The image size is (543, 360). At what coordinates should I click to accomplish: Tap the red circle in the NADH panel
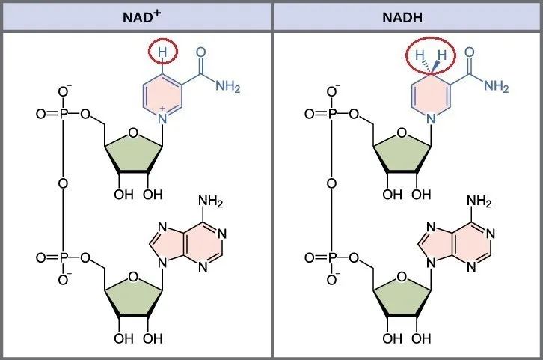(432, 55)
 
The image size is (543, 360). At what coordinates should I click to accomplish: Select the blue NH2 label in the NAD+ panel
(227, 87)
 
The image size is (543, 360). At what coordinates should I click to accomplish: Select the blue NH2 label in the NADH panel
(496, 87)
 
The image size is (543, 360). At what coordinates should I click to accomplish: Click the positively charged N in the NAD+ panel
(162, 118)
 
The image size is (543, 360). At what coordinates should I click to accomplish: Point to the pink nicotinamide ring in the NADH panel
(432, 97)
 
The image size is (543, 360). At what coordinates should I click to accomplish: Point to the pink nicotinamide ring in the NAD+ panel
(162, 97)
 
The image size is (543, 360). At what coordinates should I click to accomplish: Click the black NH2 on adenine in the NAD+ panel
(209, 201)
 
